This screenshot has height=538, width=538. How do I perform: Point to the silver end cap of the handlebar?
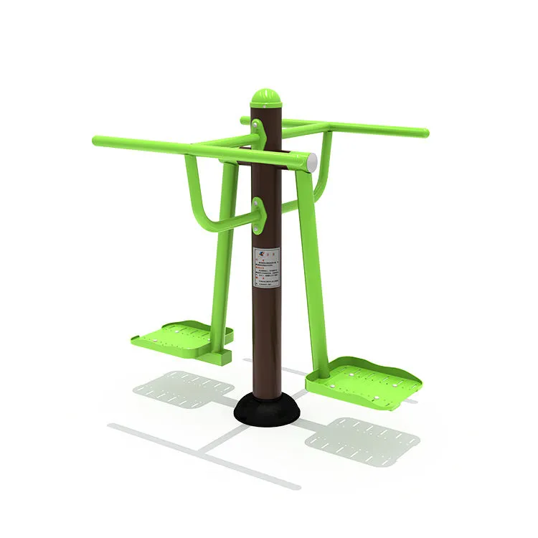tap(311, 162)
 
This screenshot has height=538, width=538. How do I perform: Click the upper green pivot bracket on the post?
tap(257, 133)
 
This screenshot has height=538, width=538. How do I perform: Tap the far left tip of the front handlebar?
tap(95, 140)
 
